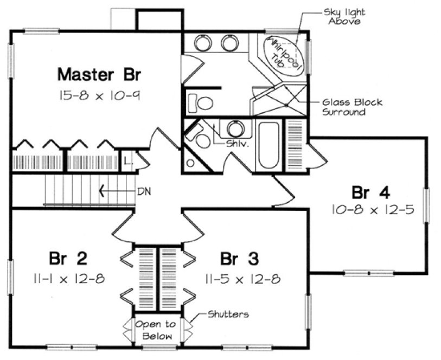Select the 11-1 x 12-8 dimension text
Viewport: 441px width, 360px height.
click(68, 279)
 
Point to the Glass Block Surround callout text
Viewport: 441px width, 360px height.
click(352, 107)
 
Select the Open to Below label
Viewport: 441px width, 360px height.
click(156, 330)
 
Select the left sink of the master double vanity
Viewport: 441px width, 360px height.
click(203, 43)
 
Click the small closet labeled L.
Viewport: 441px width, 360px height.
click(127, 161)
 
